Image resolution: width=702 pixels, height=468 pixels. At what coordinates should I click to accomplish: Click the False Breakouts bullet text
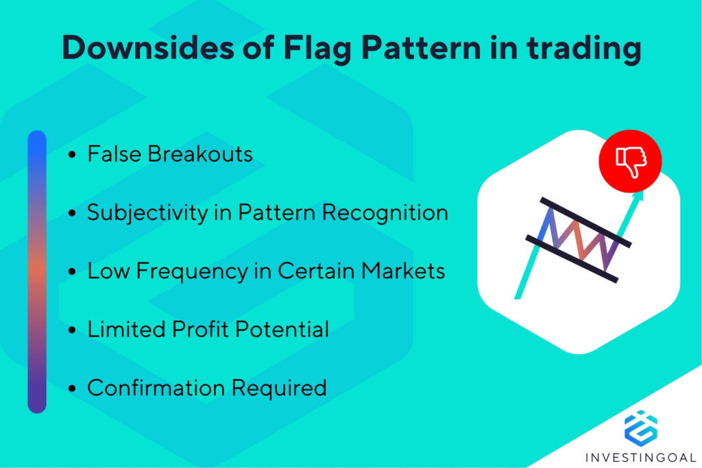169,154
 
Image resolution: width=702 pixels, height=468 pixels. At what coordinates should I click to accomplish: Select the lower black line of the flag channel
572,259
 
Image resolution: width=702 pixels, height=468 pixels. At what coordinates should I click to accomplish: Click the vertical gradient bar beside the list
37,271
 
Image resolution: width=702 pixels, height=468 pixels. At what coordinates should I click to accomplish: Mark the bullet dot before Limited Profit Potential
73,331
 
